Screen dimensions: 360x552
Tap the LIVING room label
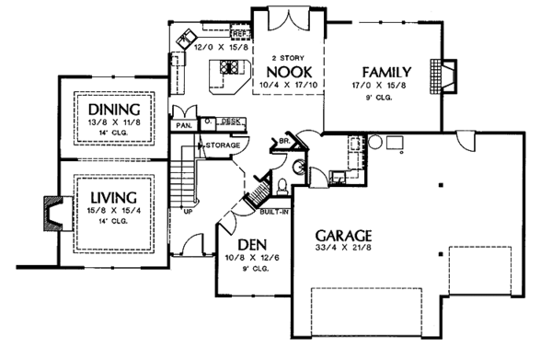pos(113,197)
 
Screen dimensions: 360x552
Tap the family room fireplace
pos(448,77)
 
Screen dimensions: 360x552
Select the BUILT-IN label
pos(272,211)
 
